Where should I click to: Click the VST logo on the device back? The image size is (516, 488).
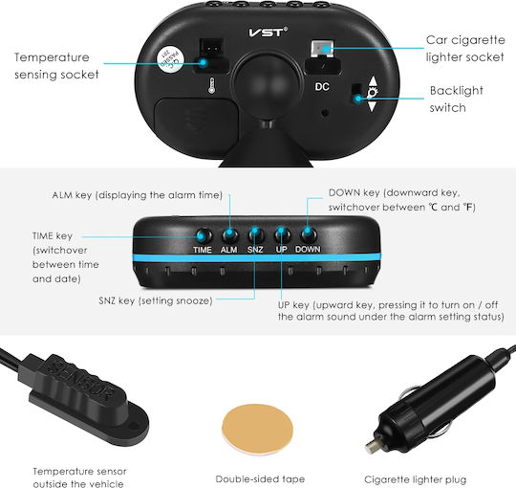pyautogui.click(x=268, y=32)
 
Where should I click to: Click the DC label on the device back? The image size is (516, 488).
pyautogui.click(x=322, y=87)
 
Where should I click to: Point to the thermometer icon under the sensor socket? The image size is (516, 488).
pyautogui.click(x=211, y=86)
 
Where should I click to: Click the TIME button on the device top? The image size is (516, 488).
pyautogui.click(x=204, y=236)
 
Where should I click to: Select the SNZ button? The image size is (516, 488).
pyautogui.click(x=256, y=234)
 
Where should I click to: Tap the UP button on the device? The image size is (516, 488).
pyautogui.click(x=282, y=234)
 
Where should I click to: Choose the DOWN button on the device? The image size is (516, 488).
pyautogui.click(x=309, y=234)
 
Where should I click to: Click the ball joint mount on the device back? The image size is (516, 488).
pyautogui.click(x=268, y=86)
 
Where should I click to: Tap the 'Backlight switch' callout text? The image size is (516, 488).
pyautogui.click(x=457, y=99)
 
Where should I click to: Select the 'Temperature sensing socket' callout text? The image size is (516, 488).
pyautogui.click(x=56, y=66)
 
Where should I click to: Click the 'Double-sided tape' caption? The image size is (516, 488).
pyautogui.click(x=260, y=478)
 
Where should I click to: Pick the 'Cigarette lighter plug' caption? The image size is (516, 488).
pyautogui.click(x=416, y=479)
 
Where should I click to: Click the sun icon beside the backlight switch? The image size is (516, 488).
pyautogui.click(x=373, y=93)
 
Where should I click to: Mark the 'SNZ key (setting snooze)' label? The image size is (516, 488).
pyautogui.click(x=156, y=300)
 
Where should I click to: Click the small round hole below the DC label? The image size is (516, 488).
pyautogui.click(x=325, y=113)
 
